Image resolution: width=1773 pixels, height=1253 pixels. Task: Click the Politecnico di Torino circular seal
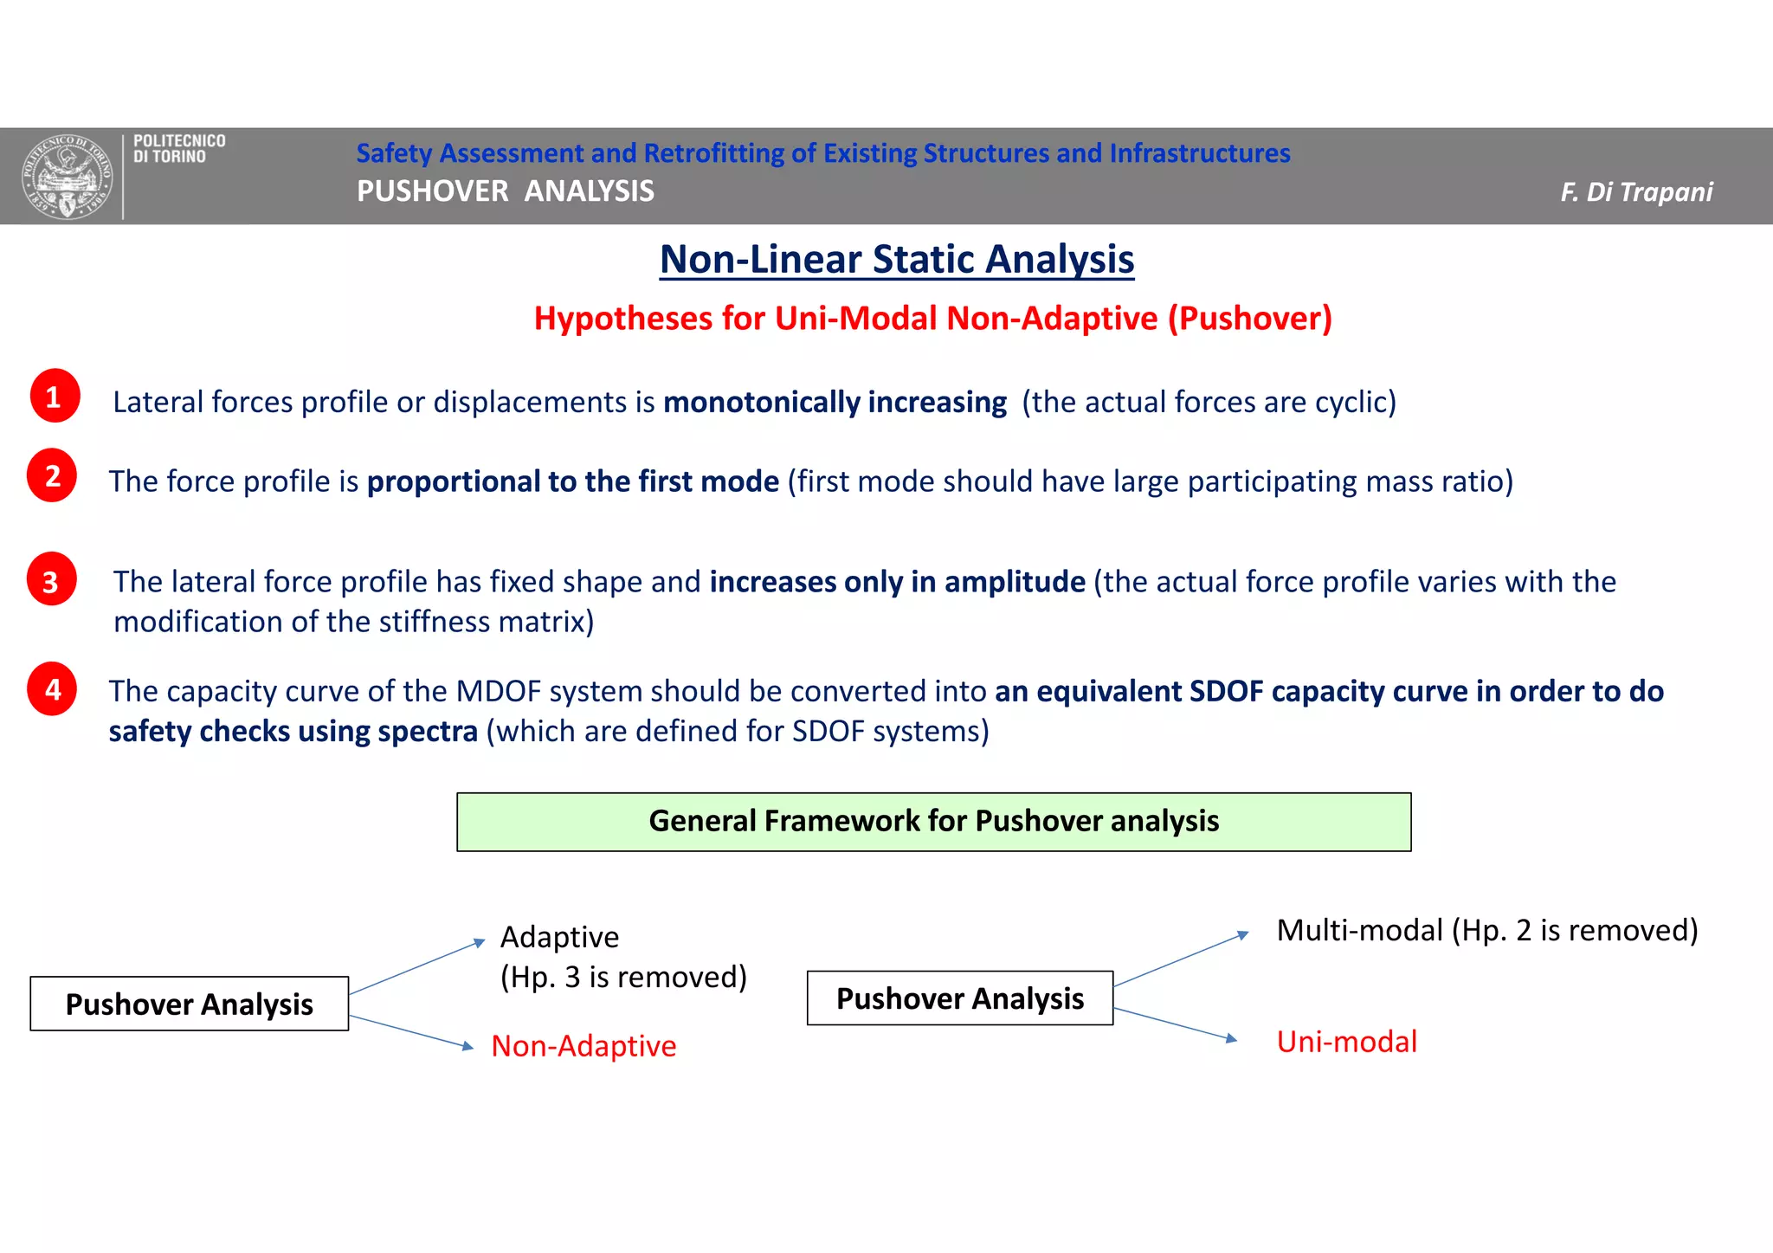click(x=68, y=177)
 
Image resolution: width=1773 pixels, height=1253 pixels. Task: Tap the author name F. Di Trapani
click(x=1635, y=191)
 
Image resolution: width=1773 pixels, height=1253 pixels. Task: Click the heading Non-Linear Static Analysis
click(x=897, y=259)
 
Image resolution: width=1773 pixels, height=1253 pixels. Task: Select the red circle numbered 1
click(x=55, y=397)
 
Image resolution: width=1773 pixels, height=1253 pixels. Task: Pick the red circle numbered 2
click(x=52, y=475)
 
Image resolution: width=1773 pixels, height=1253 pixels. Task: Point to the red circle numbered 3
click(x=52, y=580)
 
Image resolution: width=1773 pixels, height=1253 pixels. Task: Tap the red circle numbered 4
click(x=52, y=689)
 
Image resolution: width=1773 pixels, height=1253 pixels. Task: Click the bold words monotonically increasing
click(x=835, y=402)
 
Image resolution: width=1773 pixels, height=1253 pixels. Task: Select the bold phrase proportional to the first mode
click(x=572, y=481)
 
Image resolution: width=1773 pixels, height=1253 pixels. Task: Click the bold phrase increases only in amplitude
click(x=897, y=582)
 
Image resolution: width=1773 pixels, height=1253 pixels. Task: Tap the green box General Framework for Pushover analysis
click(x=933, y=821)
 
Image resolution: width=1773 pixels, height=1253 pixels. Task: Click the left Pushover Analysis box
click(x=189, y=1004)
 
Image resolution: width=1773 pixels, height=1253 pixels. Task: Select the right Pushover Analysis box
click(x=959, y=998)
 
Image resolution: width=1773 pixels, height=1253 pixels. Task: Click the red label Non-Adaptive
click(x=583, y=1046)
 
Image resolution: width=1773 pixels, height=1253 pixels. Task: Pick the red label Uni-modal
click(x=1346, y=1042)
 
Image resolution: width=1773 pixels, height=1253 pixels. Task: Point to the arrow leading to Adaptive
click(x=417, y=967)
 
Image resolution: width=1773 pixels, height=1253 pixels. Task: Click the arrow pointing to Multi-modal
click(x=1181, y=959)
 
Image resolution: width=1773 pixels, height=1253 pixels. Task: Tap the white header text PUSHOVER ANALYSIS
click(x=505, y=191)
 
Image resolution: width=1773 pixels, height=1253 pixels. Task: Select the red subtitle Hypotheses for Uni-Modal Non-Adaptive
click(x=932, y=319)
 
